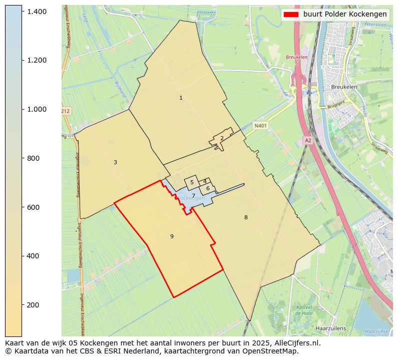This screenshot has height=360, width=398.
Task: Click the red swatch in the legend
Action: click(291, 14)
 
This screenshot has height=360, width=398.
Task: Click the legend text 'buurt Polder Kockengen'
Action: click(344, 14)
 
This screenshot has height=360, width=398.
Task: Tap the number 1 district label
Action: click(181, 98)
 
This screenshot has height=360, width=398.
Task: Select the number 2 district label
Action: click(222, 139)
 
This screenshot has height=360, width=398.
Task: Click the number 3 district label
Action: click(115, 162)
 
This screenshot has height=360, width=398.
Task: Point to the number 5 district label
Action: click(192, 183)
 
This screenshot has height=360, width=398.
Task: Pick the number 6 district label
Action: click(208, 188)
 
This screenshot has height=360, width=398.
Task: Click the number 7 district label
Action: click(193, 196)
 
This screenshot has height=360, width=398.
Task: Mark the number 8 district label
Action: click(246, 217)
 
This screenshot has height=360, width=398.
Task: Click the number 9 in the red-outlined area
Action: click(172, 236)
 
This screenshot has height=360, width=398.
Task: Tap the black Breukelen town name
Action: click(344, 87)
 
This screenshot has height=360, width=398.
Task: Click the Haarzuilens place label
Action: click(330, 328)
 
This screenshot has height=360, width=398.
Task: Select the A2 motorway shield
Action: click(308, 141)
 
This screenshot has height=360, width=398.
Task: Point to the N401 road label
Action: click(260, 126)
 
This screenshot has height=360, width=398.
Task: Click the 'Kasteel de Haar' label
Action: click(304, 310)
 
